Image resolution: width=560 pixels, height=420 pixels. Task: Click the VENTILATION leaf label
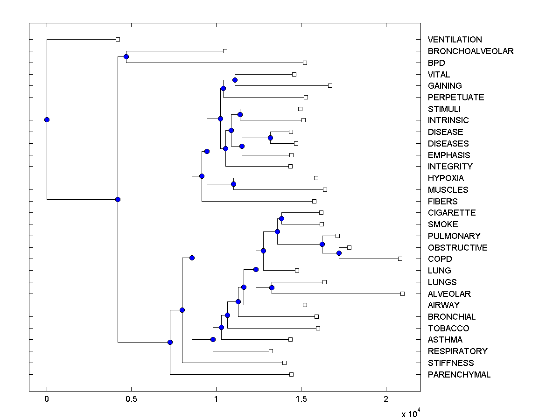pyautogui.click(x=455, y=40)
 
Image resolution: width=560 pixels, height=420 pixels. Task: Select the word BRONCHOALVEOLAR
pyautogui.click(x=470, y=51)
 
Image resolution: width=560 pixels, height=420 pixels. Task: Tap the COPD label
pyautogui.click(x=440, y=259)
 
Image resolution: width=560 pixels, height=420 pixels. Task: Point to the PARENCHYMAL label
pyautogui.click(x=459, y=375)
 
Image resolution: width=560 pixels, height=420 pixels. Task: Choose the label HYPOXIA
pyautogui.click(x=446, y=178)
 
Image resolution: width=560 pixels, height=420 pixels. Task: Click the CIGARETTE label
pyautogui.click(x=452, y=213)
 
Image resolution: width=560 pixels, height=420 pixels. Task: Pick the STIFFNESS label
pyautogui.click(x=450, y=363)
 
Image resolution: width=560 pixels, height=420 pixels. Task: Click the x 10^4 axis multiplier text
pyautogui.click(x=411, y=413)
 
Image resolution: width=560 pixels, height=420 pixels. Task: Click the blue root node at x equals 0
pyautogui.click(x=47, y=119)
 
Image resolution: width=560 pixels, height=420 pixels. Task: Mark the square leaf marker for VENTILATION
pyautogui.click(x=118, y=40)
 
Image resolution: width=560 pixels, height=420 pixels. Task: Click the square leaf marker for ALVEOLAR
pyautogui.click(x=402, y=294)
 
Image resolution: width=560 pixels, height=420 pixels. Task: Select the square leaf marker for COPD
pyautogui.click(x=400, y=259)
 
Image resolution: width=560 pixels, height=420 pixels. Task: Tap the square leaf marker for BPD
pyautogui.click(x=305, y=63)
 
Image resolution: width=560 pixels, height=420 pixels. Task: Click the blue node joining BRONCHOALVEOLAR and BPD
pyautogui.click(x=126, y=57)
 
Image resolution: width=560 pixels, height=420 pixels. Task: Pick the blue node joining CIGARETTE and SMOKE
pyautogui.click(x=281, y=218)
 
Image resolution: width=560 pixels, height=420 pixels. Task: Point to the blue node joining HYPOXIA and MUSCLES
pyautogui.click(x=233, y=184)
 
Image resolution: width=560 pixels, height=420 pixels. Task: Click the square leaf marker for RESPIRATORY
pyautogui.click(x=271, y=351)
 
